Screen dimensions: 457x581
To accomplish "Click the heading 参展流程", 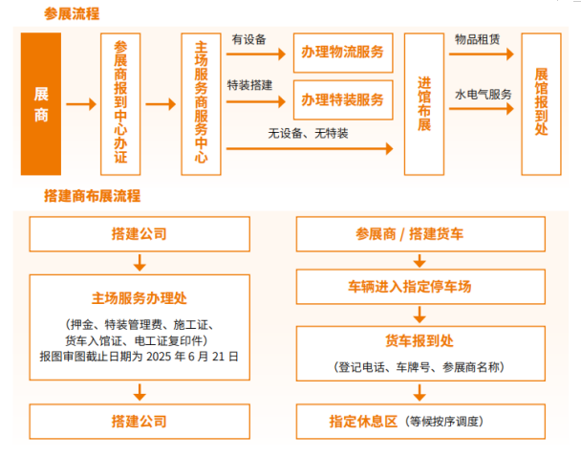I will (71, 14).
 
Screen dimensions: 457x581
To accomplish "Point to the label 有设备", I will (248, 40).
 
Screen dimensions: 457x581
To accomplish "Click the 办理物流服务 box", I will (343, 52).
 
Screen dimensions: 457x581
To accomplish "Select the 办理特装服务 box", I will (343, 99).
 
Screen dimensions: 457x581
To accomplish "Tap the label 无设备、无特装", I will (308, 134).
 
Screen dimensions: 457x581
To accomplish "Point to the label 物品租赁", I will (478, 40).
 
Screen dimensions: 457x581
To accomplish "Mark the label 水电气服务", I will (483, 95).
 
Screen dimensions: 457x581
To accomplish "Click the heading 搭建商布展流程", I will (92, 196).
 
